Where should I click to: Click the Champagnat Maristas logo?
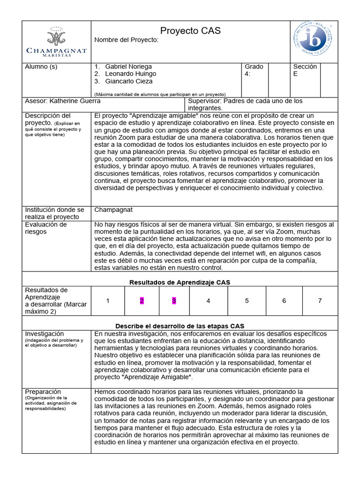point(56,42)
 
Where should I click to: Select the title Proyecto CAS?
point(190,31)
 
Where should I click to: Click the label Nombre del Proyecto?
point(127,40)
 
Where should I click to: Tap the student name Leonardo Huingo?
point(130,74)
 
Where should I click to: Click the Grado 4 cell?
point(254,70)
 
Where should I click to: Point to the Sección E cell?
point(305,70)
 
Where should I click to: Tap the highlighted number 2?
point(142,301)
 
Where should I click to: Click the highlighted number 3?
point(174,301)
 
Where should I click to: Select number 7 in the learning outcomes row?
point(320,301)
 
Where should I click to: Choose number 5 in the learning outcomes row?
point(247,301)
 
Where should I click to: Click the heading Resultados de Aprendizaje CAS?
point(180,282)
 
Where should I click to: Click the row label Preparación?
point(43,391)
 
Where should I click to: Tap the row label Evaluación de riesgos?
point(45,228)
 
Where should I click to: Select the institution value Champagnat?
point(113,210)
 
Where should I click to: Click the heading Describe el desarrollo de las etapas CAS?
point(180,326)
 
